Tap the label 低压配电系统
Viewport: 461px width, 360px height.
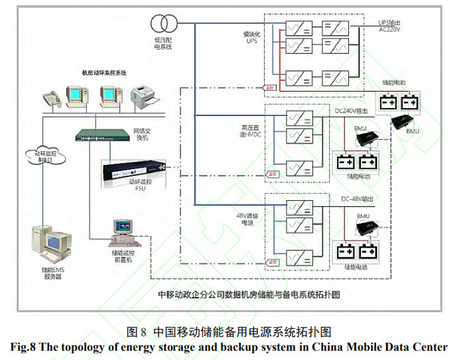pos(163,44)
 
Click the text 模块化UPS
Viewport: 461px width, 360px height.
pos(250,36)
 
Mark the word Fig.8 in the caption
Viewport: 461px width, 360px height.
pos(26,347)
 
